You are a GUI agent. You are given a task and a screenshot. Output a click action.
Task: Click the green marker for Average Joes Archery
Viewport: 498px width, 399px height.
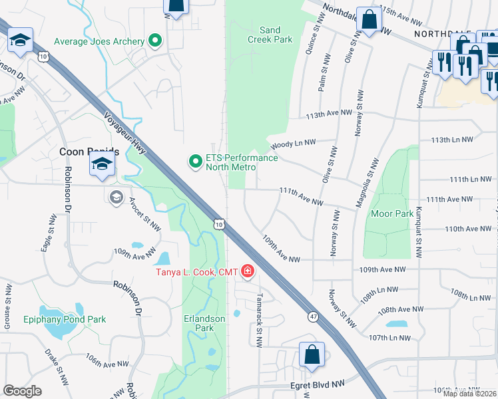coord(155,41)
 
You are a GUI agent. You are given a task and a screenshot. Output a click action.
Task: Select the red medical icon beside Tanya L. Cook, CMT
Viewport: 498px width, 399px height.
coord(247,271)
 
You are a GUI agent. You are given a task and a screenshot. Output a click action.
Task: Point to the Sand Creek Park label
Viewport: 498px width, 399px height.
coord(270,35)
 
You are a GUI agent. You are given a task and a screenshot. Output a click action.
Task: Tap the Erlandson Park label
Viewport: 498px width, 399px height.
coord(204,323)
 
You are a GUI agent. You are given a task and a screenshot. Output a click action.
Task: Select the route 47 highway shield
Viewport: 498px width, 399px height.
coord(313,317)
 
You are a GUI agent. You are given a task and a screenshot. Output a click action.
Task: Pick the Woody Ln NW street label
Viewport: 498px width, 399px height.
coord(291,142)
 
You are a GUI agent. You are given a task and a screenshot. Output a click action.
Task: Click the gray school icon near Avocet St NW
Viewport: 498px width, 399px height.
coord(117,197)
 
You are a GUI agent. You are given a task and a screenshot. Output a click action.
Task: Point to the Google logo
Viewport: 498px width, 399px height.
coord(22,391)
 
